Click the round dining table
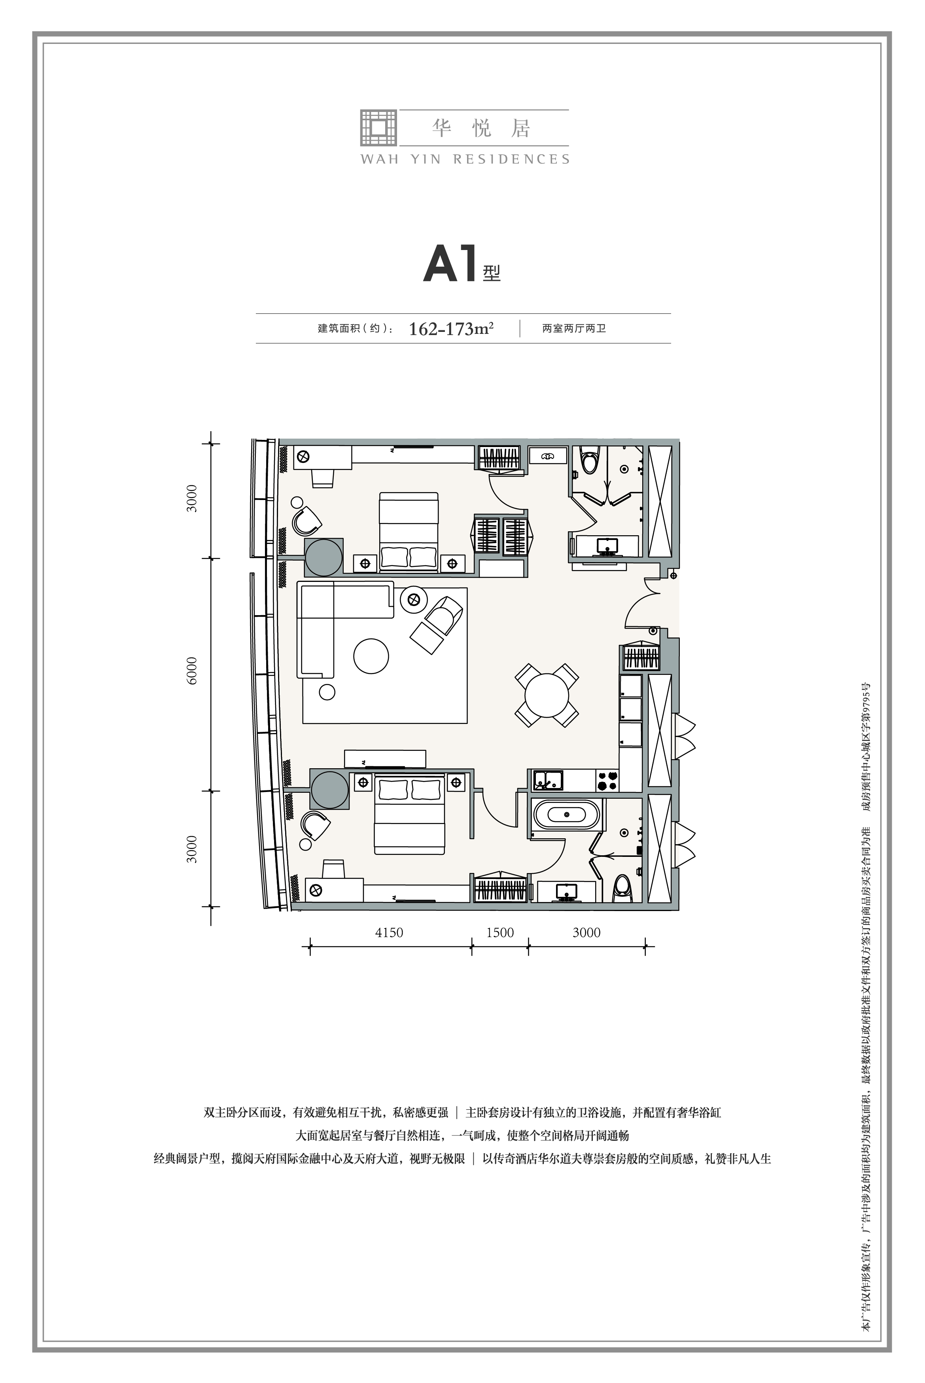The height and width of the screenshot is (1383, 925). point(547,695)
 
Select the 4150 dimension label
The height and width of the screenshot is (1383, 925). point(390,932)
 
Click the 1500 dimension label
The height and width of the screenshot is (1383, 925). point(499,932)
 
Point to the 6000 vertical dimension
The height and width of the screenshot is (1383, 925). point(192,671)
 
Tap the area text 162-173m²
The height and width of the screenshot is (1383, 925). point(451,329)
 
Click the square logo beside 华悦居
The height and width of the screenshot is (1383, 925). point(378,127)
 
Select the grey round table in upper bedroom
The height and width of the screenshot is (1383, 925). point(323,557)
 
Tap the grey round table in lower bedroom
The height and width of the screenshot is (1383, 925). point(330,790)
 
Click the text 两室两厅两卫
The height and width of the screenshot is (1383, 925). point(574,329)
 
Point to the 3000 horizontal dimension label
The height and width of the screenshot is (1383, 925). point(586,932)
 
